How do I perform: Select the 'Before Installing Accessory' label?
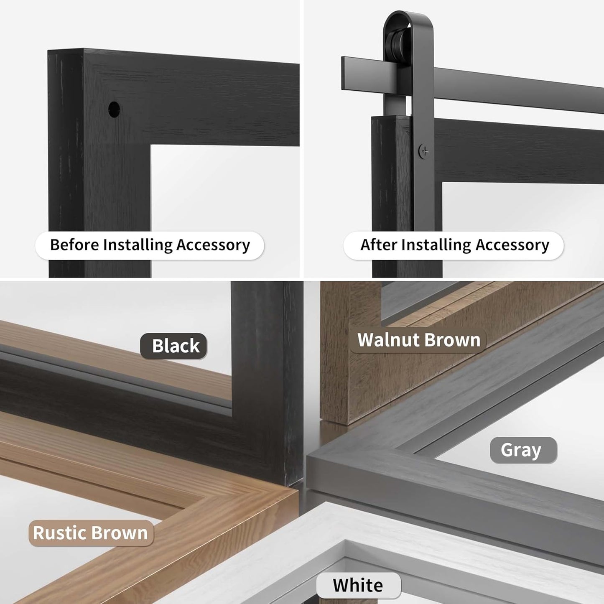(150, 245)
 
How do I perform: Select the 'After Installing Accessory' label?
(454, 245)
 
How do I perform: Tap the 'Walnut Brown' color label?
(418, 340)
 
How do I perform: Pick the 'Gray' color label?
(523, 450)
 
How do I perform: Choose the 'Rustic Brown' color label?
(91, 533)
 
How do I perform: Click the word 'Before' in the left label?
(74, 245)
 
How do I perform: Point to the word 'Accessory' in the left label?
(213, 245)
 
